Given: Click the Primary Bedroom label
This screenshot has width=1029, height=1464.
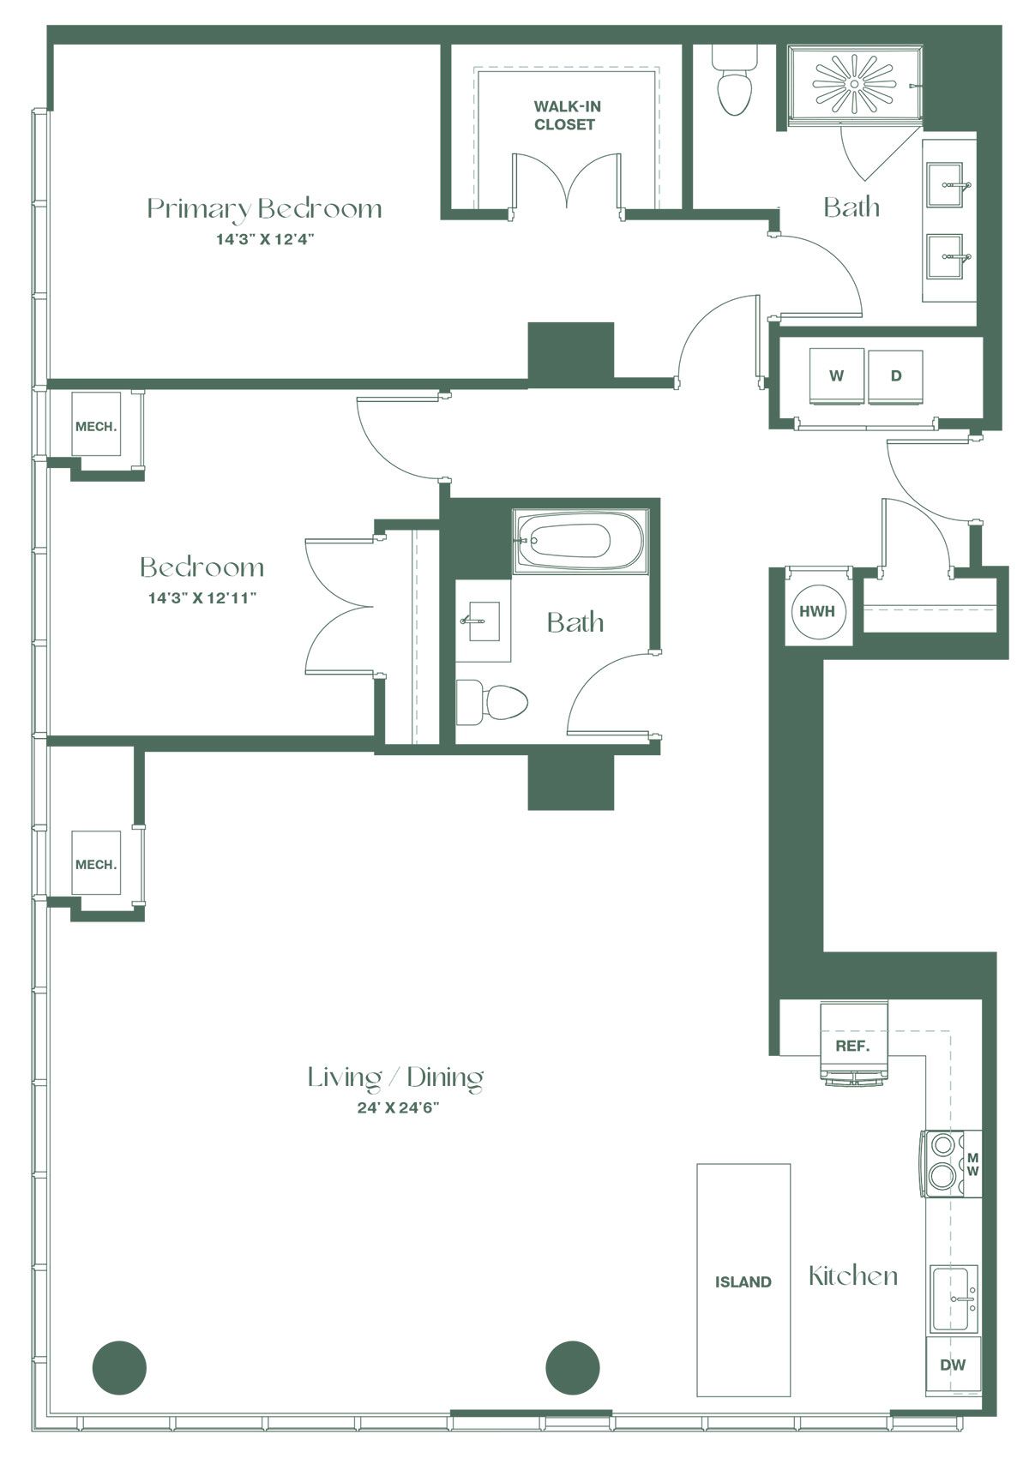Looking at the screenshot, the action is click(x=264, y=208).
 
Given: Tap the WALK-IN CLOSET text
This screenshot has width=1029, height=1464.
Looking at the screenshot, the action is click(x=566, y=115).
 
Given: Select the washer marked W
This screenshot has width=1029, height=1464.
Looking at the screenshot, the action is click(x=836, y=376).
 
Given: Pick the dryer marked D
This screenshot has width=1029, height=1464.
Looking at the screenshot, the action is click(x=895, y=376).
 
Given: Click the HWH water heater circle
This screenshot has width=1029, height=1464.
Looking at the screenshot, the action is click(x=817, y=611).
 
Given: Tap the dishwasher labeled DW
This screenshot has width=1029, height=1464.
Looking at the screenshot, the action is click(x=954, y=1365).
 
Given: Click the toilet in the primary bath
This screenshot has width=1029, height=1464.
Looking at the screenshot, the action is click(x=733, y=81).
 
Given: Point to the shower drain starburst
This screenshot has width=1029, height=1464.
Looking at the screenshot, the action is click(x=854, y=84).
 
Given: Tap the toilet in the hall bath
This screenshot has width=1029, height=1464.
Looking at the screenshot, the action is click(x=491, y=703).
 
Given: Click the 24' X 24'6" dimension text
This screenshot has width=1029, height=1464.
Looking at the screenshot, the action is click(x=398, y=1107).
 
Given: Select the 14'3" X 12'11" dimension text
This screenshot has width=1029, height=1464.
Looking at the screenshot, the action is click(x=202, y=598).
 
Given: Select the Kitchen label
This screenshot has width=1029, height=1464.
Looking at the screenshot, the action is click(x=853, y=1276).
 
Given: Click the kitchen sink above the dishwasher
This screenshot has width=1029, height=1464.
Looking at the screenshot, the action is click(x=954, y=1299).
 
